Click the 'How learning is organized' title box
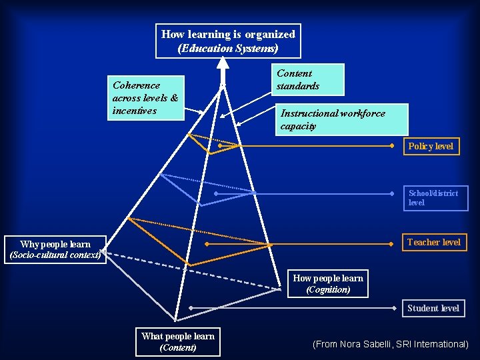pyautogui.click(x=228, y=41)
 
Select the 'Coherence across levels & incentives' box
pyautogui.click(x=146, y=98)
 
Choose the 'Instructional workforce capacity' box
pyautogui.click(x=340, y=119)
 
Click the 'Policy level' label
pyautogui.click(x=431, y=146)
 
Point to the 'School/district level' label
pyautogui.click(x=434, y=198)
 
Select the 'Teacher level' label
pyautogui.click(x=433, y=242)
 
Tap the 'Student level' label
pyautogui.click(x=433, y=308)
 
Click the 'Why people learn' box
pyautogui.click(x=55, y=249)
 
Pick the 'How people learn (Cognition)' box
pyautogui.click(x=328, y=284)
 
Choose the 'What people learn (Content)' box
pyautogui.click(x=177, y=342)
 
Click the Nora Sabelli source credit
pyautogui.click(x=391, y=344)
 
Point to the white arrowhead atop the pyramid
pyautogui.click(x=223, y=63)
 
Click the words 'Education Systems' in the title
pyautogui.click(x=228, y=48)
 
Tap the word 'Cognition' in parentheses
pyautogui.click(x=328, y=290)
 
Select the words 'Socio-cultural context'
pyautogui.click(x=55, y=255)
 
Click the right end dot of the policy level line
pyautogui.click(x=393, y=145)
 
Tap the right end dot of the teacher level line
pyautogui.click(x=393, y=244)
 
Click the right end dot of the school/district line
pyautogui.click(x=393, y=194)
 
